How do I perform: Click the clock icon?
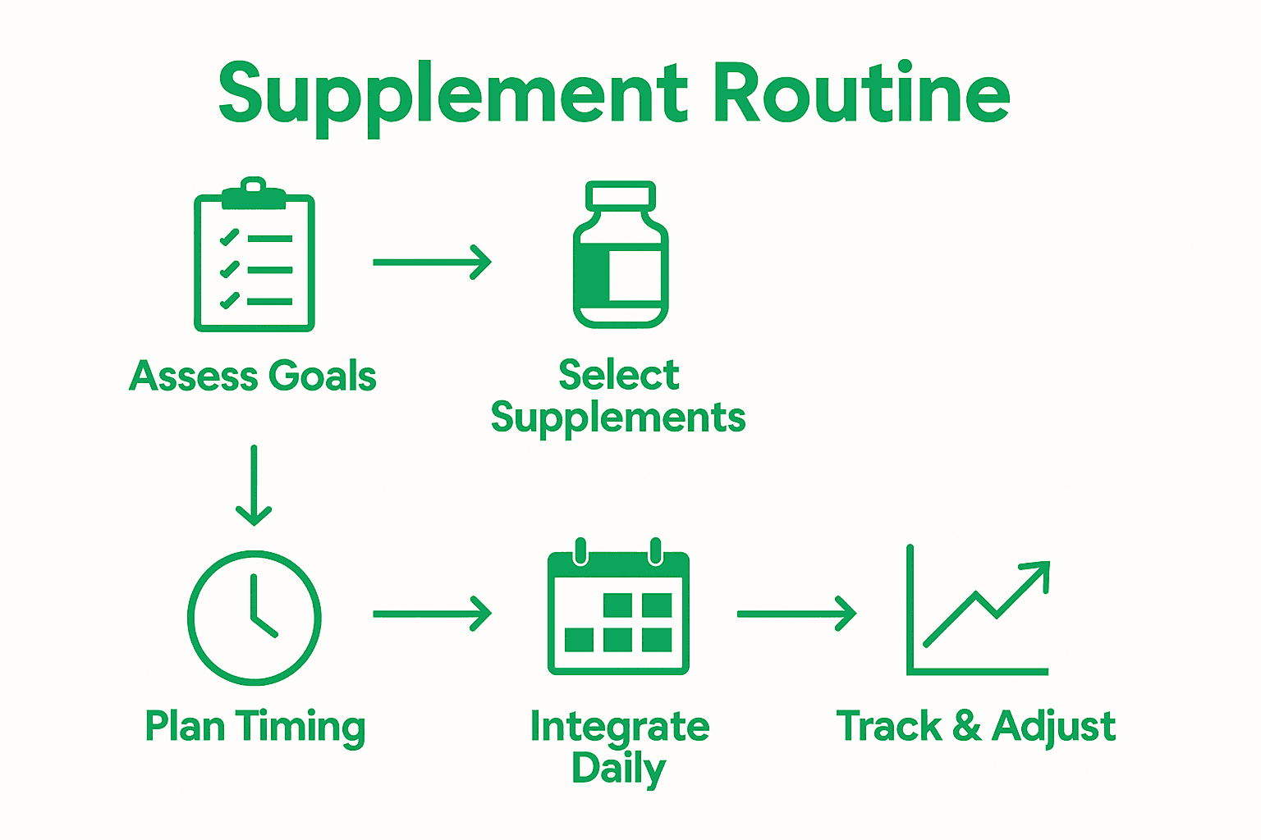tap(254, 617)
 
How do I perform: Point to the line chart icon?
tap(977, 611)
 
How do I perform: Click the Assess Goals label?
tap(253, 377)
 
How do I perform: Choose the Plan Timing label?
tap(254, 728)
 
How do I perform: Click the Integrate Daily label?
tap(619, 747)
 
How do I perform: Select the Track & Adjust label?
tap(975, 727)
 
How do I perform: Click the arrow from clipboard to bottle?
tap(432, 262)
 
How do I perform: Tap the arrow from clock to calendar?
tap(432, 614)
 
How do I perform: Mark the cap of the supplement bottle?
tap(621, 195)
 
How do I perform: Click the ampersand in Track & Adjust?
tap(967, 727)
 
